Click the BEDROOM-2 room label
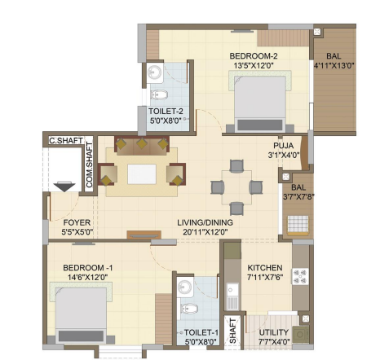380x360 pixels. (x=254, y=56)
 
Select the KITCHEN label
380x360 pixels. (x=264, y=268)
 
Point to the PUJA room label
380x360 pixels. (x=283, y=146)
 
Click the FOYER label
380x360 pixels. (x=77, y=222)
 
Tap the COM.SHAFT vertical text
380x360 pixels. (x=89, y=165)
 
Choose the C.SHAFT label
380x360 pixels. (x=66, y=140)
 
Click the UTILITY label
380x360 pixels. (x=273, y=332)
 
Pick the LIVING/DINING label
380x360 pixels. (x=205, y=222)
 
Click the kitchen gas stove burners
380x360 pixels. (x=300, y=276)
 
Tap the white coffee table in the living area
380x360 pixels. (x=142, y=174)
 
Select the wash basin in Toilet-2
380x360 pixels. (x=155, y=72)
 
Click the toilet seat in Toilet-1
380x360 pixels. (x=189, y=309)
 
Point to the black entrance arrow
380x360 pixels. (x=64, y=187)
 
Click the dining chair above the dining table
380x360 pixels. (x=236, y=166)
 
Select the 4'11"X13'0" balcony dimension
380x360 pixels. (x=334, y=65)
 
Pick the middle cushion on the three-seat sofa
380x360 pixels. (x=142, y=143)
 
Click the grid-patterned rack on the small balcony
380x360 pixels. (x=298, y=225)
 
